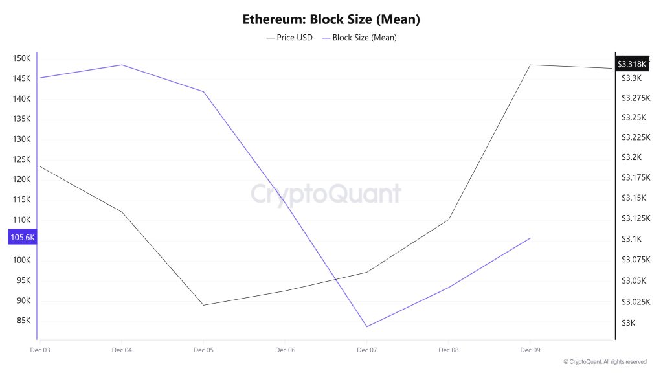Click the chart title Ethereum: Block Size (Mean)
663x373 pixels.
pos(331,19)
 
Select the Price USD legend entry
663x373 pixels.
pos(289,38)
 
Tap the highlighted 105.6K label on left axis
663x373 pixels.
pos(22,238)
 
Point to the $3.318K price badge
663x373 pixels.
pos(631,64)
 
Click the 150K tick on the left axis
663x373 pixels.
pos(22,58)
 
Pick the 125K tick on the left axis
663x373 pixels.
pos(22,159)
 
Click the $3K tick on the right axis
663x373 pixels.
pos(628,323)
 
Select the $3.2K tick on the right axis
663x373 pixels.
pos(631,157)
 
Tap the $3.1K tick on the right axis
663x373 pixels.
pos(631,239)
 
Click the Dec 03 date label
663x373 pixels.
pos(40,350)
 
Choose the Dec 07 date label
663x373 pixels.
pos(366,350)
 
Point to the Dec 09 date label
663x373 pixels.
pos(530,350)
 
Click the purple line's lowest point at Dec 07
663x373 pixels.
pos(366,326)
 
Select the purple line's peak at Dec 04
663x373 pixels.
pos(122,65)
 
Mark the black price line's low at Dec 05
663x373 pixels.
pos(203,305)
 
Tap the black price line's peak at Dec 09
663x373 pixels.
pos(530,65)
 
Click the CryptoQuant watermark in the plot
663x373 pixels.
pos(326,194)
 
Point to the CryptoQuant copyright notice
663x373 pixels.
pos(605,361)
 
